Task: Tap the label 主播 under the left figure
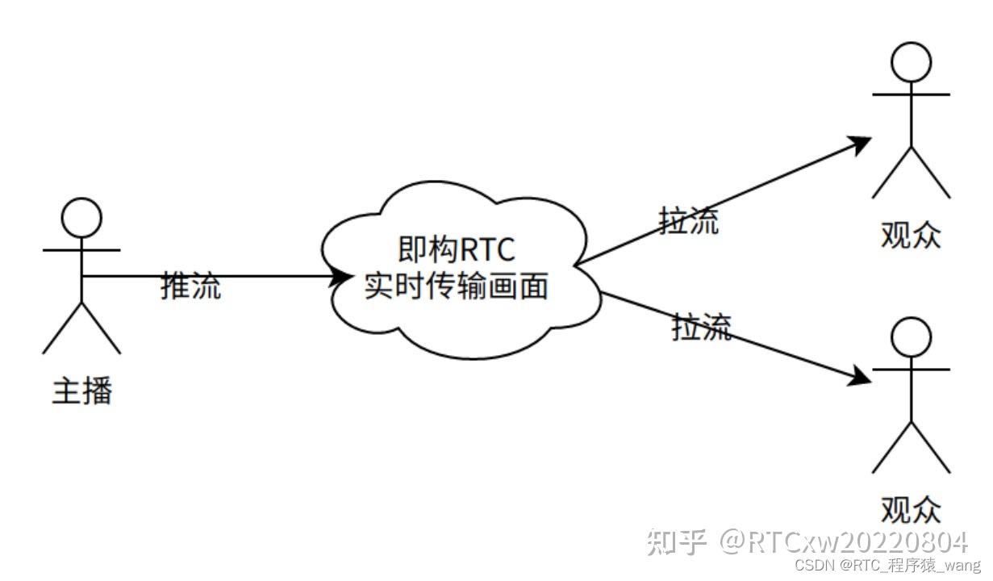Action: (81, 391)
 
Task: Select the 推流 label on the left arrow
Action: (191, 286)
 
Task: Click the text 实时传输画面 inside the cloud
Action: (457, 286)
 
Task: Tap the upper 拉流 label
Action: (689, 221)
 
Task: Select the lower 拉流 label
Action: (702, 328)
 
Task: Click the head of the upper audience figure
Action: (912, 61)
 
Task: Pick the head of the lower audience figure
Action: (912, 338)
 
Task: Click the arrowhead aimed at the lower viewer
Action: (862, 377)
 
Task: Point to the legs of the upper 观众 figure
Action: (912, 173)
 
